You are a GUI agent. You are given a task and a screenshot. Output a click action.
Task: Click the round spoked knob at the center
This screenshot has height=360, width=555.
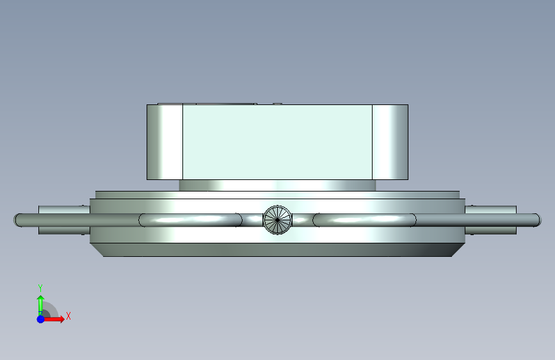click(x=278, y=220)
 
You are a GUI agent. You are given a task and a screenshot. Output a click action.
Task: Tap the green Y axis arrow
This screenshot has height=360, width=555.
click(x=40, y=305)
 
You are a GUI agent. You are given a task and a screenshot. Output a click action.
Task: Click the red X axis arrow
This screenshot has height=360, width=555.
click(x=53, y=319)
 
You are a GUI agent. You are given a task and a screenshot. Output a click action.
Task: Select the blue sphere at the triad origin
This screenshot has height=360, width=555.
click(x=41, y=319)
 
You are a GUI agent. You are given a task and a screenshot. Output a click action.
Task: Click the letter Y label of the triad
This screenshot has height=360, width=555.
click(x=40, y=288)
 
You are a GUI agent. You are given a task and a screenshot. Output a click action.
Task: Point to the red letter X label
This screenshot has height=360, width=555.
click(x=68, y=316)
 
